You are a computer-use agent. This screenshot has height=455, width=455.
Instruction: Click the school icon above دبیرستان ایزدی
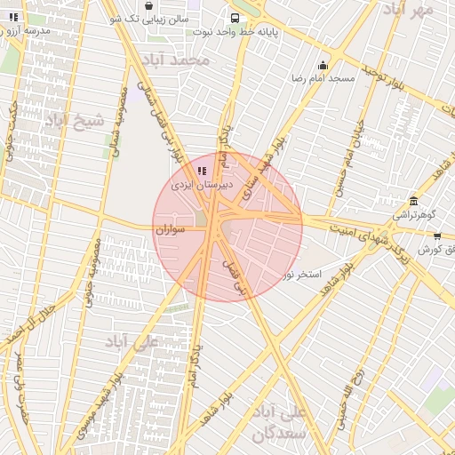click(x=202, y=171)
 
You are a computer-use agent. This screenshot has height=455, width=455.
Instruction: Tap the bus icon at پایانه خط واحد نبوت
click(x=234, y=18)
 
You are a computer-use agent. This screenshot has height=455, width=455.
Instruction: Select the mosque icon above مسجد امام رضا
click(x=322, y=65)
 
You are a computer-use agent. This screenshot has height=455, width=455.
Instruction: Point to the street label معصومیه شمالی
click(x=116, y=124)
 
